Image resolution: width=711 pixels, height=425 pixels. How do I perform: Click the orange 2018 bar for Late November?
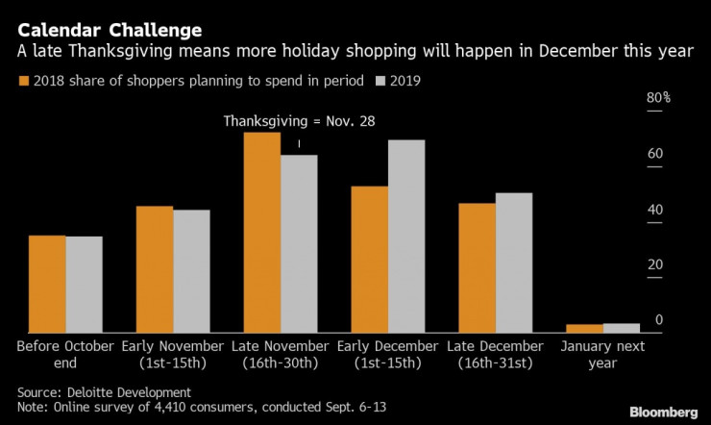pos(262,232)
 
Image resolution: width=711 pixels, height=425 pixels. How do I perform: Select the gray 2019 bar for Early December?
pos(405,236)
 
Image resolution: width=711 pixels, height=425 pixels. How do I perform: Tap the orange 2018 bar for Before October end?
pos(47,284)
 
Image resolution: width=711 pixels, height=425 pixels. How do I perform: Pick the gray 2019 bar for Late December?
pos(513,262)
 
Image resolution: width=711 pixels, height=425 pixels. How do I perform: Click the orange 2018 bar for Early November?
pos(155,269)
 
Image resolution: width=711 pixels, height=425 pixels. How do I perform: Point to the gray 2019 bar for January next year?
pos(621,328)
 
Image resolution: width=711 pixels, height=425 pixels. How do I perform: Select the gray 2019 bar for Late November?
pos(298,243)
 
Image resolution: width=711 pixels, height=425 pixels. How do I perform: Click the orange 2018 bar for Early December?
pos(370,259)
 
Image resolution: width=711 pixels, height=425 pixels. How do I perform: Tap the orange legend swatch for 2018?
pos(24,81)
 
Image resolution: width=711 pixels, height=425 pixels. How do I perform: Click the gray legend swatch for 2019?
pos(381,81)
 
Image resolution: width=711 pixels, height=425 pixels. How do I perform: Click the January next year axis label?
pos(602,354)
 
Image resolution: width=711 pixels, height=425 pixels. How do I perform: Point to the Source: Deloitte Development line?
pos(104,392)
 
